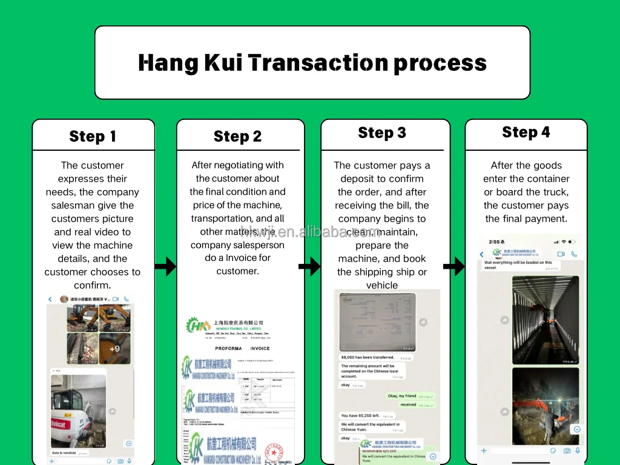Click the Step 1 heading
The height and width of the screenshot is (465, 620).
(x=93, y=136)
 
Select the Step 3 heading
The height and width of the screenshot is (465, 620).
(x=382, y=133)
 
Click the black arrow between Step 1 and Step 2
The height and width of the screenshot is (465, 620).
(x=165, y=266)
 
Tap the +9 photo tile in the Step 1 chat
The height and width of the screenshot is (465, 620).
(x=115, y=348)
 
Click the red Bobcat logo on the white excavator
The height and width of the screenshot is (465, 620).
(x=59, y=424)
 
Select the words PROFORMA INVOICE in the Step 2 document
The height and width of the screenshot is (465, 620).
(x=242, y=348)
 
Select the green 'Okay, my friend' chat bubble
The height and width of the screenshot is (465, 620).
(x=409, y=396)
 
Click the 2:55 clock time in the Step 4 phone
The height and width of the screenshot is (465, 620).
(x=495, y=242)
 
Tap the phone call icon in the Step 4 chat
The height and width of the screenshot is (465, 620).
(x=574, y=254)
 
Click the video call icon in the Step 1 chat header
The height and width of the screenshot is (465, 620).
(x=116, y=299)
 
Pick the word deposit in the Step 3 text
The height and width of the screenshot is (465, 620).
(x=357, y=179)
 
